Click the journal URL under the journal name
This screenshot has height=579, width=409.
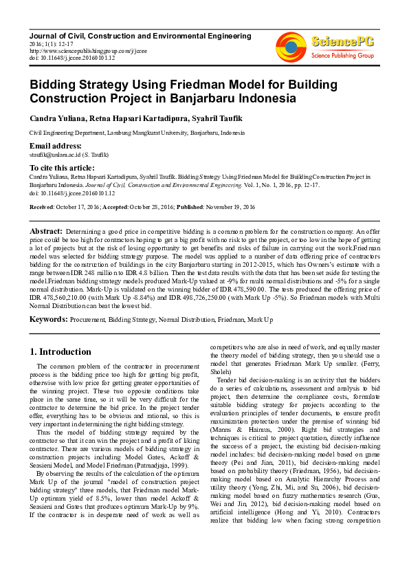pos(80,50)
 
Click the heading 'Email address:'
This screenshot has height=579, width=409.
pos(55,146)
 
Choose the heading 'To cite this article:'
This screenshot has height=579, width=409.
pos(62,168)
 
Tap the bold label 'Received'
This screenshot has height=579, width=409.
pos(41,206)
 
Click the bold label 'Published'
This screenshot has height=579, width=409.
pos(192,206)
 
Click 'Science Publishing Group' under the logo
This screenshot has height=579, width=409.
pos(342,55)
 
